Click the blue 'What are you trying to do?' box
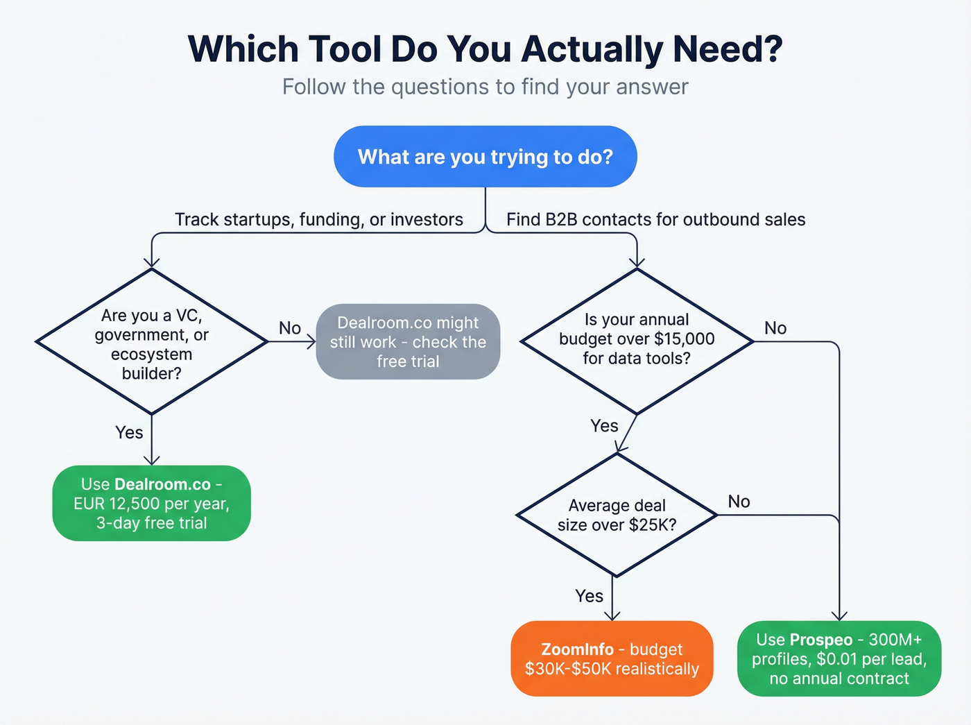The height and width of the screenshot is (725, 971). coord(486,157)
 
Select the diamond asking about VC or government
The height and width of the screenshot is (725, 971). coord(151,343)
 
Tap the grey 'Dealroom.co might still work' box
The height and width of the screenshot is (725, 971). coord(408,342)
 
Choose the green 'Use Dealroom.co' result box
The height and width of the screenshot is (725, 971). coord(151,504)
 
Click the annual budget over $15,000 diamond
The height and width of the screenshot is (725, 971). coord(637,340)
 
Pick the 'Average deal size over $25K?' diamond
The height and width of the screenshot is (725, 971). coord(617,515)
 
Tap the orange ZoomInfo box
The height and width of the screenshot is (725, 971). coord(612,659)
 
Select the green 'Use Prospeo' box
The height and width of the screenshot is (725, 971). coord(839,659)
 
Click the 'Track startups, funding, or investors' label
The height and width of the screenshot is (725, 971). coord(319,220)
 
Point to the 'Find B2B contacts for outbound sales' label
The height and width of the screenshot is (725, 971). coord(655,220)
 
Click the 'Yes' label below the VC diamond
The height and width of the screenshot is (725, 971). coord(129,433)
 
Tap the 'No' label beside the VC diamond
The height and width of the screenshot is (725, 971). coord(290,328)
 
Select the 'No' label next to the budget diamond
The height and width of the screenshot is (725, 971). coord(775,328)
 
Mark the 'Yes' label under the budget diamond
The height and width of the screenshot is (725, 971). coord(604,426)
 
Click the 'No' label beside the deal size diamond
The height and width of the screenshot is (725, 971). coord(739,502)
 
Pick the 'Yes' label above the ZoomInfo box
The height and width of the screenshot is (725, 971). coord(589,596)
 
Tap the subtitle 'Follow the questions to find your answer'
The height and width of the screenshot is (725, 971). coord(486,87)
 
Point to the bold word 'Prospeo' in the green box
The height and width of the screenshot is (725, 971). coord(821,640)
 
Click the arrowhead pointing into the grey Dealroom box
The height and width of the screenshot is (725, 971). coord(311,342)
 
